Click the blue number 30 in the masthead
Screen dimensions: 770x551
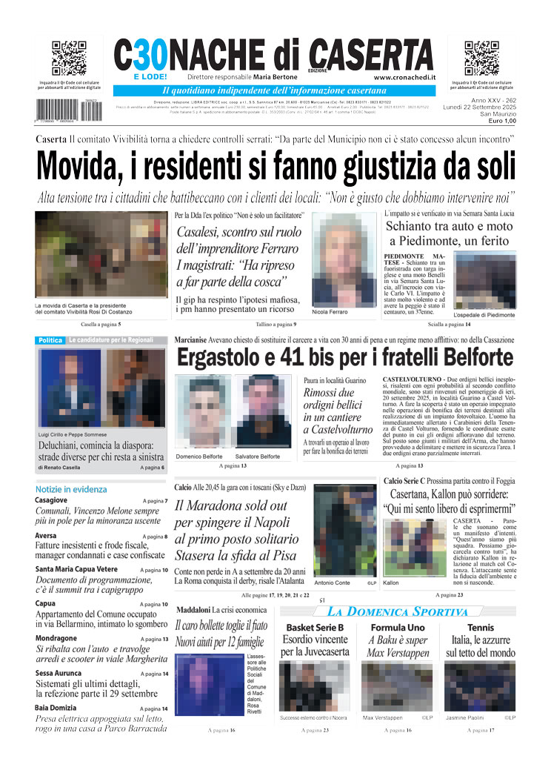(x=149, y=54)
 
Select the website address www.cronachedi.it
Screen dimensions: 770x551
(x=404, y=77)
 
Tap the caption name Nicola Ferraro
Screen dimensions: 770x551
(x=330, y=312)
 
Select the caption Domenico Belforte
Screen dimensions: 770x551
(x=199, y=457)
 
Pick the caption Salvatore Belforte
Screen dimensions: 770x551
(x=258, y=457)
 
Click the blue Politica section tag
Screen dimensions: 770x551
(x=50, y=340)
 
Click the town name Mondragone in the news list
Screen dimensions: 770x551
(x=56, y=638)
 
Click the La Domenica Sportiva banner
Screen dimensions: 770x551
(x=398, y=611)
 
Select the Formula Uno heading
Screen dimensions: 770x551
(x=398, y=628)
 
